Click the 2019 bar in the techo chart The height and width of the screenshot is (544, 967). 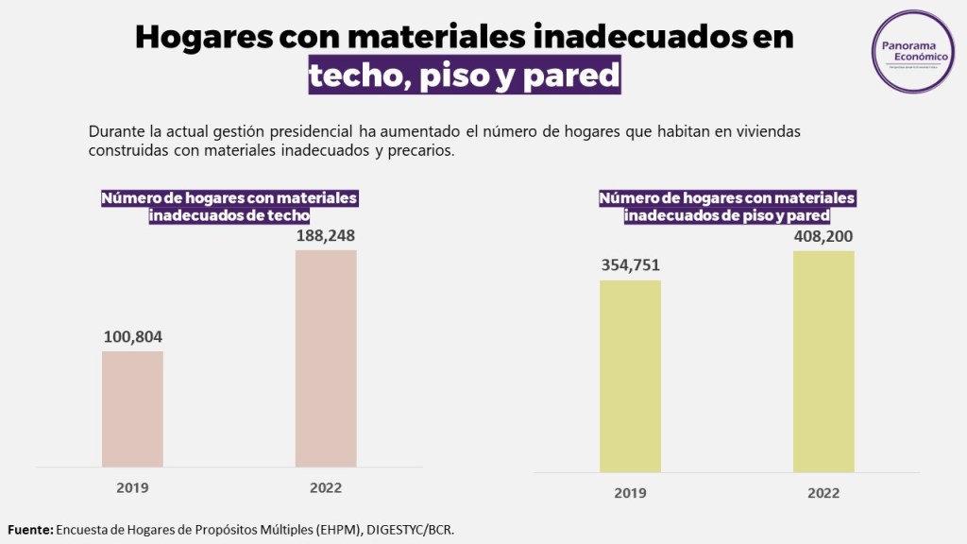[x=132, y=408]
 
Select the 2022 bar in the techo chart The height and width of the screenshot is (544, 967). [x=326, y=358]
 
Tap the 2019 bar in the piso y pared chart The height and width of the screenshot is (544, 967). [x=630, y=375]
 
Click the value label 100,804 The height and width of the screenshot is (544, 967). [x=132, y=337]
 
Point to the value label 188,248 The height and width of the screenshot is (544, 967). [x=326, y=236]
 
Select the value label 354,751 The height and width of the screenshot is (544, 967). [x=630, y=265]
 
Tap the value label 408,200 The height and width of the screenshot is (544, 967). [x=823, y=236]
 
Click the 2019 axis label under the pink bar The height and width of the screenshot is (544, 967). [x=132, y=488]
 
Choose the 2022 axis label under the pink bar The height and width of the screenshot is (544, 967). [x=326, y=488]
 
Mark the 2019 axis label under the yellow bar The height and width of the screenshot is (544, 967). [x=630, y=493]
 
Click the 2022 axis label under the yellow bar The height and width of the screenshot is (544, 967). [x=823, y=493]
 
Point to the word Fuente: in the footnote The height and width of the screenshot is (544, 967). [x=30, y=530]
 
